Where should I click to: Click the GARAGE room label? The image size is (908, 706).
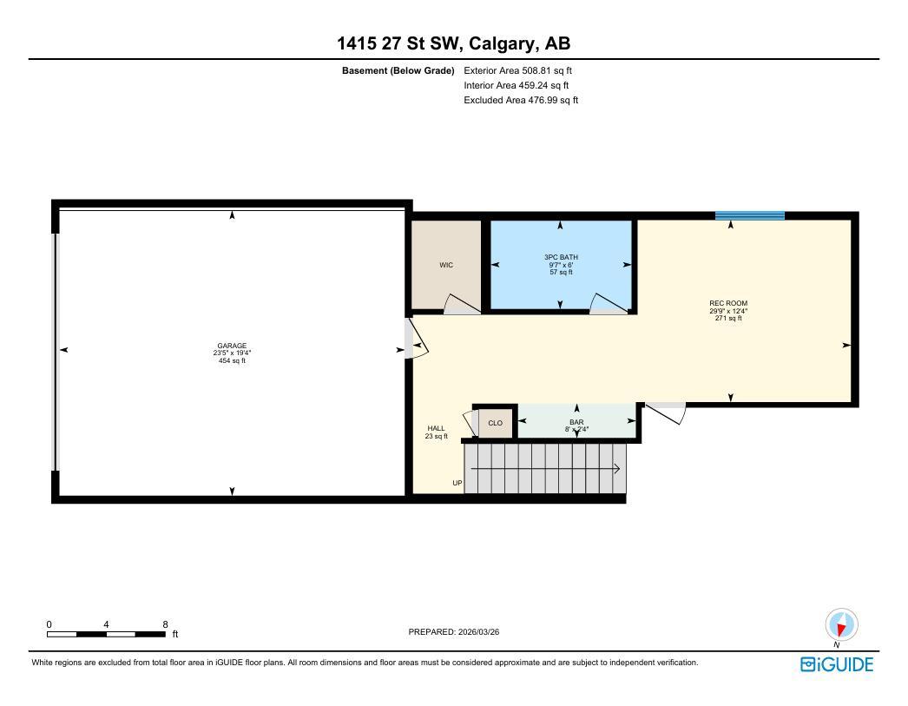pyautogui.click(x=232, y=346)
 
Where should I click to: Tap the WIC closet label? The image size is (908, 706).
pyautogui.click(x=446, y=265)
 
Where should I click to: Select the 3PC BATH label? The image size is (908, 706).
pyautogui.click(x=560, y=257)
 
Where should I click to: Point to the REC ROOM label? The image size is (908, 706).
pyautogui.click(x=727, y=304)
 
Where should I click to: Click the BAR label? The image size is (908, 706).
pyautogui.click(x=576, y=421)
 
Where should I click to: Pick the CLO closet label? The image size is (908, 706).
pyautogui.click(x=495, y=423)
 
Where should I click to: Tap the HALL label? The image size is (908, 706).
pyautogui.click(x=436, y=428)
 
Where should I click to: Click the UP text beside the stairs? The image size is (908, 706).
pyautogui.click(x=457, y=483)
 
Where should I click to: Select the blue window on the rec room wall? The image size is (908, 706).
pyautogui.click(x=749, y=215)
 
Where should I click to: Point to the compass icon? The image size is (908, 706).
pyautogui.click(x=840, y=624)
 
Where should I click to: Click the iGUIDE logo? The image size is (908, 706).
pyautogui.click(x=836, y=665)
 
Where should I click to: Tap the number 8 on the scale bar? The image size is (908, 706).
pyautogui.click(x=165, y=624)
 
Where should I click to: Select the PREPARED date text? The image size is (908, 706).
pyautogui.click(x=454, y=632)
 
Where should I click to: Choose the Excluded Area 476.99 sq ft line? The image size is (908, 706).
pyautogui.click(x=521, y=100)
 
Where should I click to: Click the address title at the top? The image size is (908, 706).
pyautogui.click(x=454, y=43)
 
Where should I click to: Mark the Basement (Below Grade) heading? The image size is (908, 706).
pyautogui.click(x=398, y=70)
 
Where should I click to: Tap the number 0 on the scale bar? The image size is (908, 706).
pyautogui.click(x=49, y=624)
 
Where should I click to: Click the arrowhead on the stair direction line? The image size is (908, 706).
pyautogui.click(x=617, y=470)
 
